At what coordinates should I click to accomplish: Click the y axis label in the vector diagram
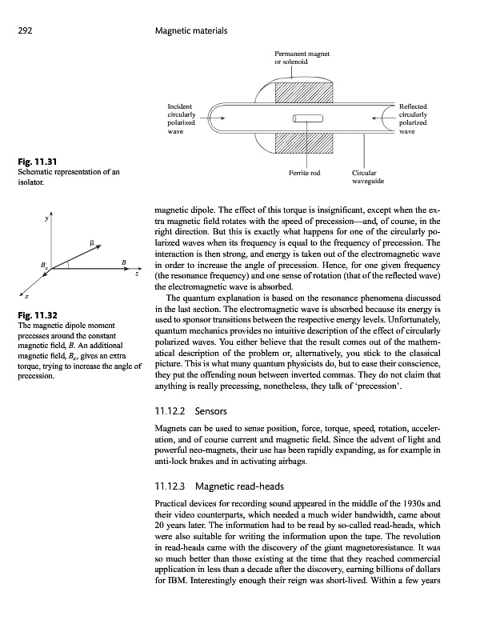click(x=47, y=217)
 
